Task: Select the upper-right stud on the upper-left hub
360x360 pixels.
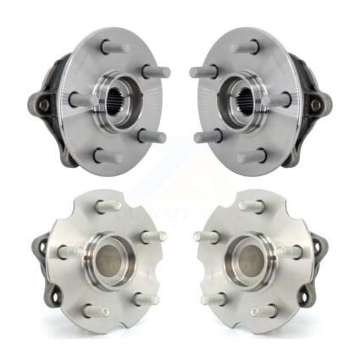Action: coord(155,71)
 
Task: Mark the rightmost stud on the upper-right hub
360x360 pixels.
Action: coord(280,99)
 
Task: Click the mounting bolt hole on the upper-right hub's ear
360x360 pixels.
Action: coord(317,105)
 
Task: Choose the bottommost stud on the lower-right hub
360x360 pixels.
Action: coord(263,310)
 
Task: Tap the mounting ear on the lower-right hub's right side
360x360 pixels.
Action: coord(321,246)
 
